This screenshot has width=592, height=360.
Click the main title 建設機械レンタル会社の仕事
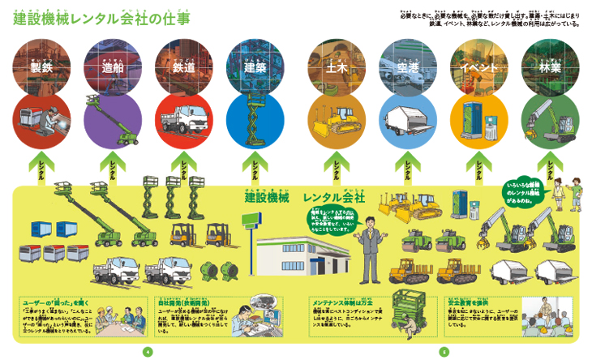point(102,17)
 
